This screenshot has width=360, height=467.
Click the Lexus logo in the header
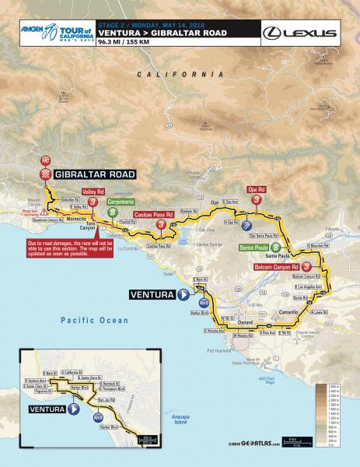(300, 33)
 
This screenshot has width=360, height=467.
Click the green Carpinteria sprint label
(126, 201)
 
